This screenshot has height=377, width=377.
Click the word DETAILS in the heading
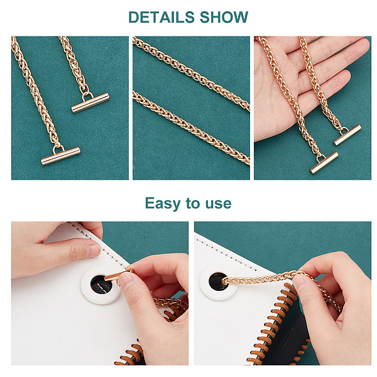[161, 17]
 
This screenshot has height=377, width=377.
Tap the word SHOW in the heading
[224, 17]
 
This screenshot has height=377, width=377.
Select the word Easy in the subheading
[163, 204]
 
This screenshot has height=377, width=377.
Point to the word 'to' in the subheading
[193, 203]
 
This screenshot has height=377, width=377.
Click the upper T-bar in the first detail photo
[90, 103]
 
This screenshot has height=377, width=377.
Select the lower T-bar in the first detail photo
[60, 156]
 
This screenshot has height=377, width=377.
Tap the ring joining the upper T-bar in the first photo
[87, 96]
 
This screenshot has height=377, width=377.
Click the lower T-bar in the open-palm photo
[324, 163]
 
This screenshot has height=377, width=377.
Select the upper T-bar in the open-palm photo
[347, 135]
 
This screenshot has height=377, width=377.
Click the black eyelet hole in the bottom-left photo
[101, 285]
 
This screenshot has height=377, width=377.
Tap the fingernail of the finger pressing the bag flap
[94, 251]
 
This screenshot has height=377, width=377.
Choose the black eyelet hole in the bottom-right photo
[218, 281]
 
